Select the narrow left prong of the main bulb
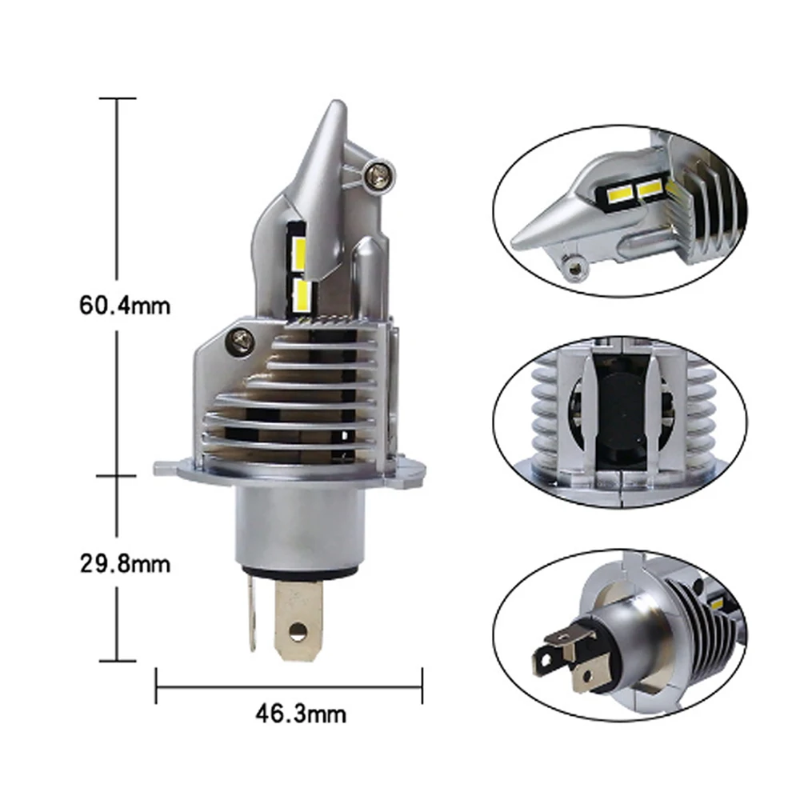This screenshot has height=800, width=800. click(x=253, y=611)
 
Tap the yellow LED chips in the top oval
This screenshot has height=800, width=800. click(x=631, y=190)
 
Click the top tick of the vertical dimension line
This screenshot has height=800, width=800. click(x=118, y=98)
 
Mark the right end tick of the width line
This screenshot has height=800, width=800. click(x=421, y=686)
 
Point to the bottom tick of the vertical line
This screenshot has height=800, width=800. click(x=118, y=661)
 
